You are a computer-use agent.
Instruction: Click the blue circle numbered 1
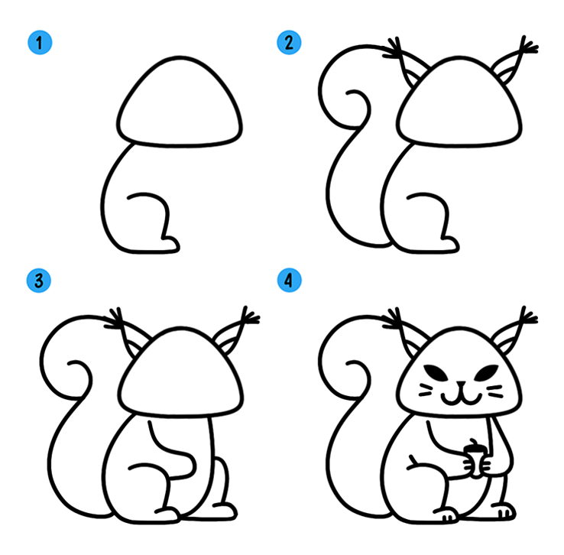click(x=40, y=43)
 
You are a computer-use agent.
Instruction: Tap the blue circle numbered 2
click(x=289, y=43)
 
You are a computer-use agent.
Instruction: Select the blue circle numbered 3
click(x=39, y=281)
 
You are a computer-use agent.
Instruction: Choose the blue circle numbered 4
click(x=289, y=281)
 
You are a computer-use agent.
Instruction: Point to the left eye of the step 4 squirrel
click(x=436, y=372)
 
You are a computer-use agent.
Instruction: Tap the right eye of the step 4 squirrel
click(x=486, y=372)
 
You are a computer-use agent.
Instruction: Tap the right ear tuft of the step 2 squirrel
click(x=528, y=46)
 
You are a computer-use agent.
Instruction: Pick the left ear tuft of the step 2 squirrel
click(x=392, y=48)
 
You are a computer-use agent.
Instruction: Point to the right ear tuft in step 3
click(x=250, y=316)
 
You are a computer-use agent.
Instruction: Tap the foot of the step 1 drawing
click(x=169, y=245)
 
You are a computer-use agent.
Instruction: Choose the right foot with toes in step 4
click(x=504, y=511)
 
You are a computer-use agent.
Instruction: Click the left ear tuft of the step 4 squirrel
click(x=392, y=319)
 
